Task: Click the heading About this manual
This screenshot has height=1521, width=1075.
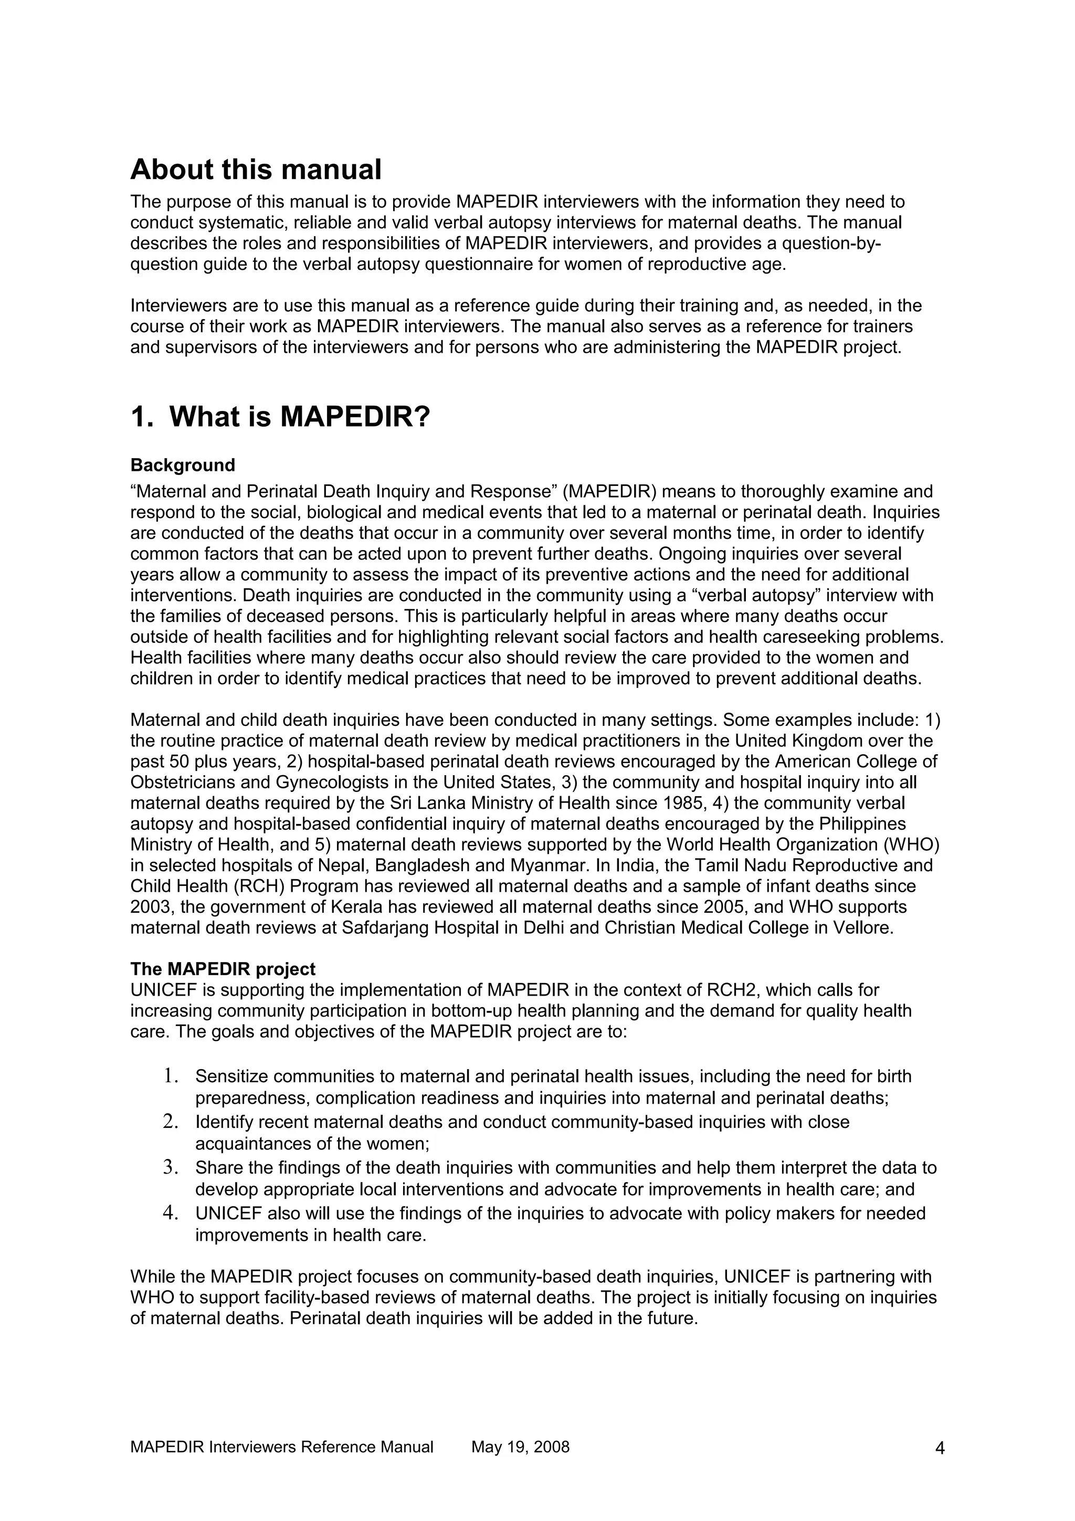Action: click(x=256, y=170)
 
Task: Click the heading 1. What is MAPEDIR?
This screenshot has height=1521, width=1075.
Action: click(x=281, y=417)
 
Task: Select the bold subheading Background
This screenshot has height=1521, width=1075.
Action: click(x=183, y=465)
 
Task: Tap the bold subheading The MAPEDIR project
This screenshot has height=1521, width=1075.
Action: click(x=223, y=969)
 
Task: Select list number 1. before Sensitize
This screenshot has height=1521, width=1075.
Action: click(x=172, y=1076)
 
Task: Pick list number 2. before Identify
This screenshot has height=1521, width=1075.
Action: click(x=172, y=1122)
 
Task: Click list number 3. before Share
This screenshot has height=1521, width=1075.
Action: click(x=172, y=1167)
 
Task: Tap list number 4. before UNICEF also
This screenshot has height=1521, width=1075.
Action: click(x=172, y=1213)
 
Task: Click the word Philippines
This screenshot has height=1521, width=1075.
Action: click(x=862, y=824)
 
